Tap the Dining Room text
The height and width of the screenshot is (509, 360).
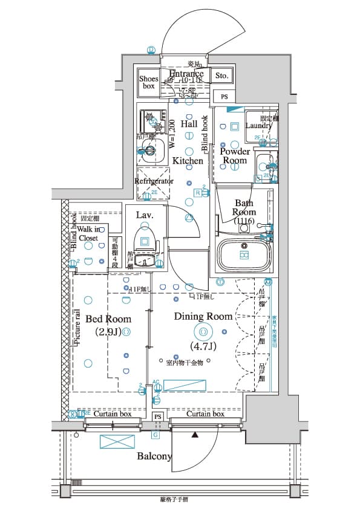[x=203, y=316]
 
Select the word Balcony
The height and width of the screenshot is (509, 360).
[x=155, y=456]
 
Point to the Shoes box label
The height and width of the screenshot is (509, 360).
[x=148, y=82]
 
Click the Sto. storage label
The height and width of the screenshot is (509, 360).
[x=221, y=76]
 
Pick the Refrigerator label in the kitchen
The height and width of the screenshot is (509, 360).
[x=154, y=181]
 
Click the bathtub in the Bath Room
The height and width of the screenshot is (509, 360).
[x=244, y=255]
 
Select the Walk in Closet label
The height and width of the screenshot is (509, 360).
[x=88, y=234]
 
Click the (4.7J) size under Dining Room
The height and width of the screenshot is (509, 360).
[x=203, y=346]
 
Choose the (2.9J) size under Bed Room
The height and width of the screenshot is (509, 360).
[x=108, y=332]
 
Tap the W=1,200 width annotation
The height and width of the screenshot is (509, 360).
[x=172, y=135]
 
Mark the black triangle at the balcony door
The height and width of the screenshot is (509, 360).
[x=195, y=434]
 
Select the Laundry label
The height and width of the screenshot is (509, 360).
[x=259, y=126]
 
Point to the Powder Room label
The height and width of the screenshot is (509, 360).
[x=235, y=155]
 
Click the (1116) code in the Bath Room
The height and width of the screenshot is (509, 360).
[x=244, y=221]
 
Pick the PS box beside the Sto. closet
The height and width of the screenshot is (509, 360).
[x=224, y=97]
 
